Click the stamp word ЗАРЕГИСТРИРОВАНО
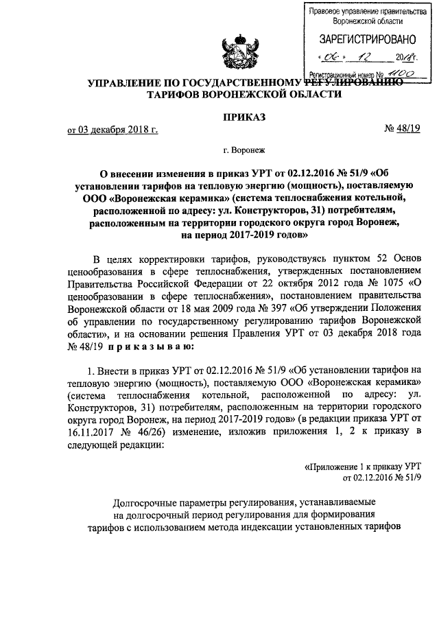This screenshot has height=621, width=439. pyautogui.click(x=362, y=40)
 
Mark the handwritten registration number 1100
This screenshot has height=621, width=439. pyautogui.click(x=401, y=71)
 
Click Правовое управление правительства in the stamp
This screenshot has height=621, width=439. pyautogui.click(x=362, y=12)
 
